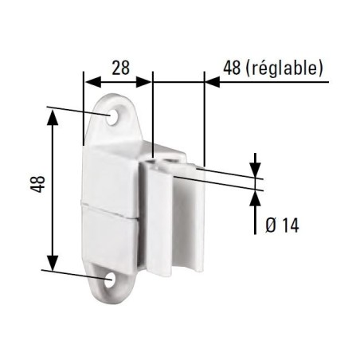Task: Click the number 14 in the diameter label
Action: point(289,226)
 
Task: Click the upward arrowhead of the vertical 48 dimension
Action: point(53,116)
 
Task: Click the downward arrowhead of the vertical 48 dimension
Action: point(53,266)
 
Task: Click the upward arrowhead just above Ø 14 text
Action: point(256,195)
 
